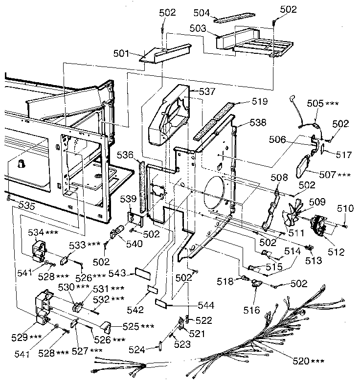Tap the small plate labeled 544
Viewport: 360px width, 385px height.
click(161, 303)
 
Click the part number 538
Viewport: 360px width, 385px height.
click(258, 123)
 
